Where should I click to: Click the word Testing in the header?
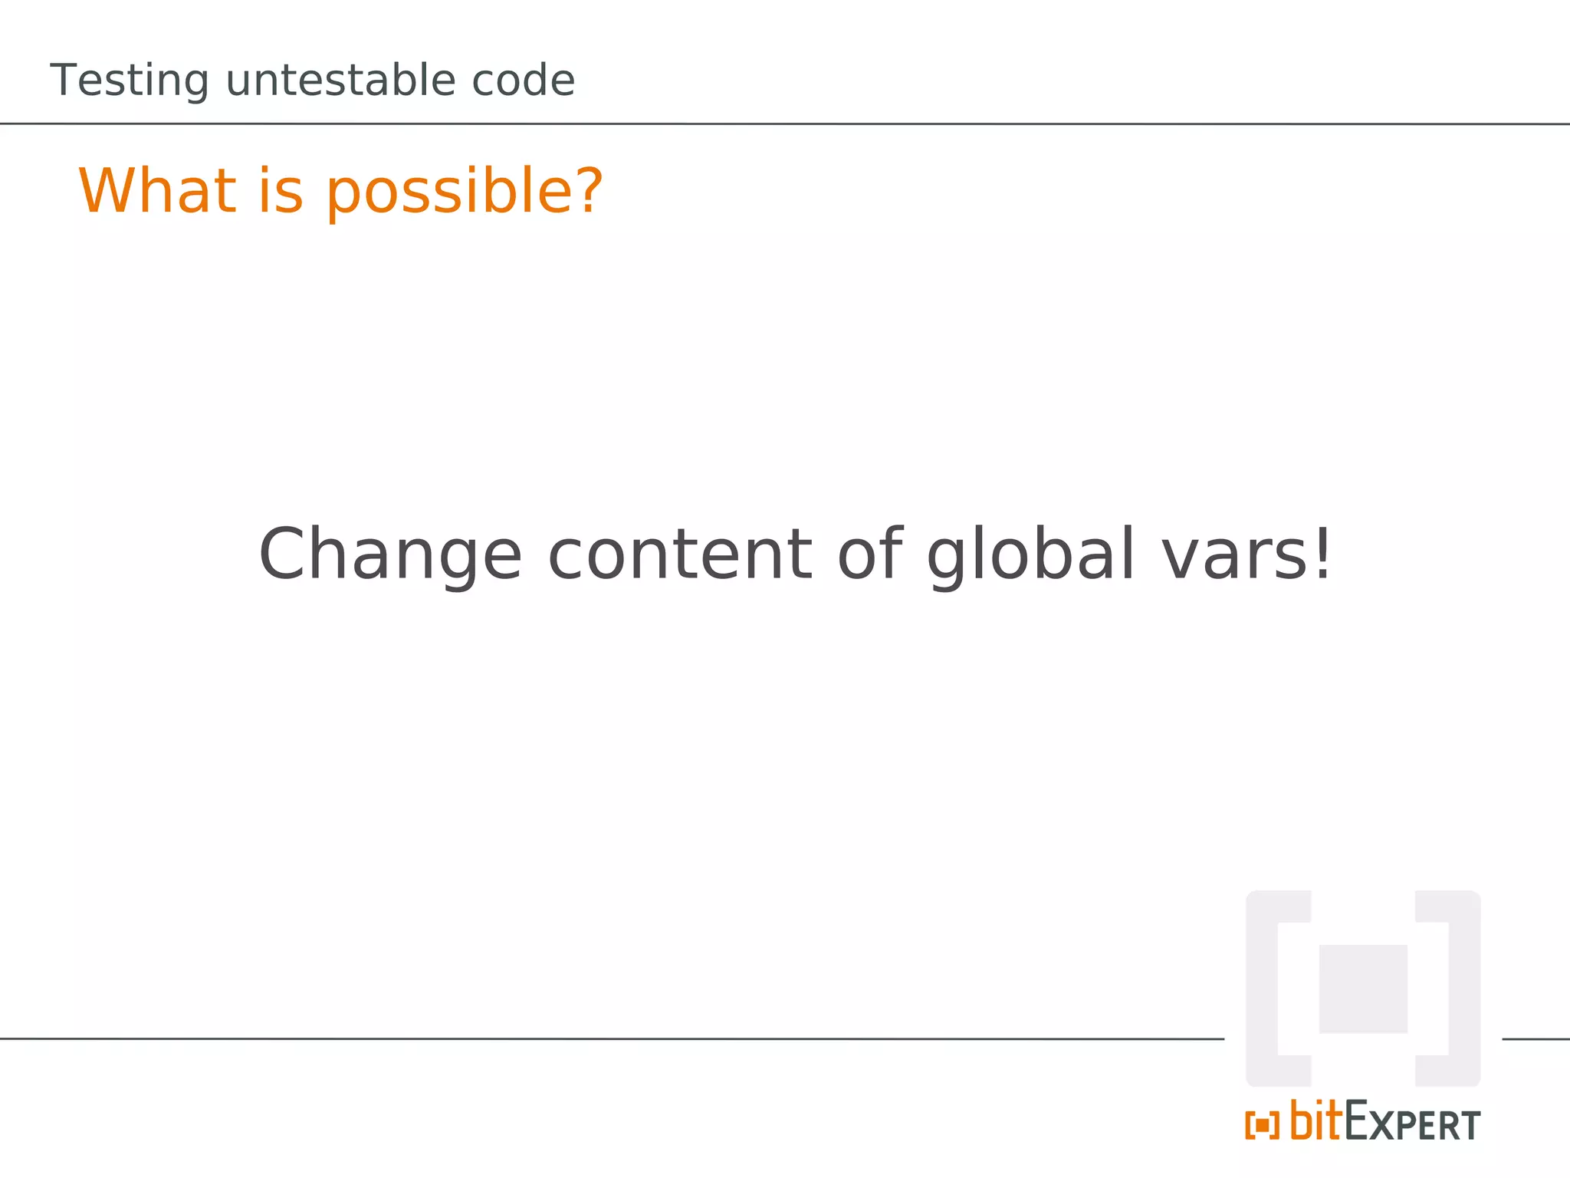pyautogui.click(x=129, y=81)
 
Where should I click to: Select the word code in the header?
pyautogui.click(x=523, y=81)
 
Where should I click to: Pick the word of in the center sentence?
pyautogui.click(x=869, y=554)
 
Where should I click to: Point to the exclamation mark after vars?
pyautogui.click(x=1323, y=554)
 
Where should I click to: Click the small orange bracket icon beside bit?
pyautogui.click(x=1262, y=1125)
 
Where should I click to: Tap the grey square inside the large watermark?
pyautogui.click(x=1362, y=989)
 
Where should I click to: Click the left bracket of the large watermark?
pyautogui.click(x=1263, y=989)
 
